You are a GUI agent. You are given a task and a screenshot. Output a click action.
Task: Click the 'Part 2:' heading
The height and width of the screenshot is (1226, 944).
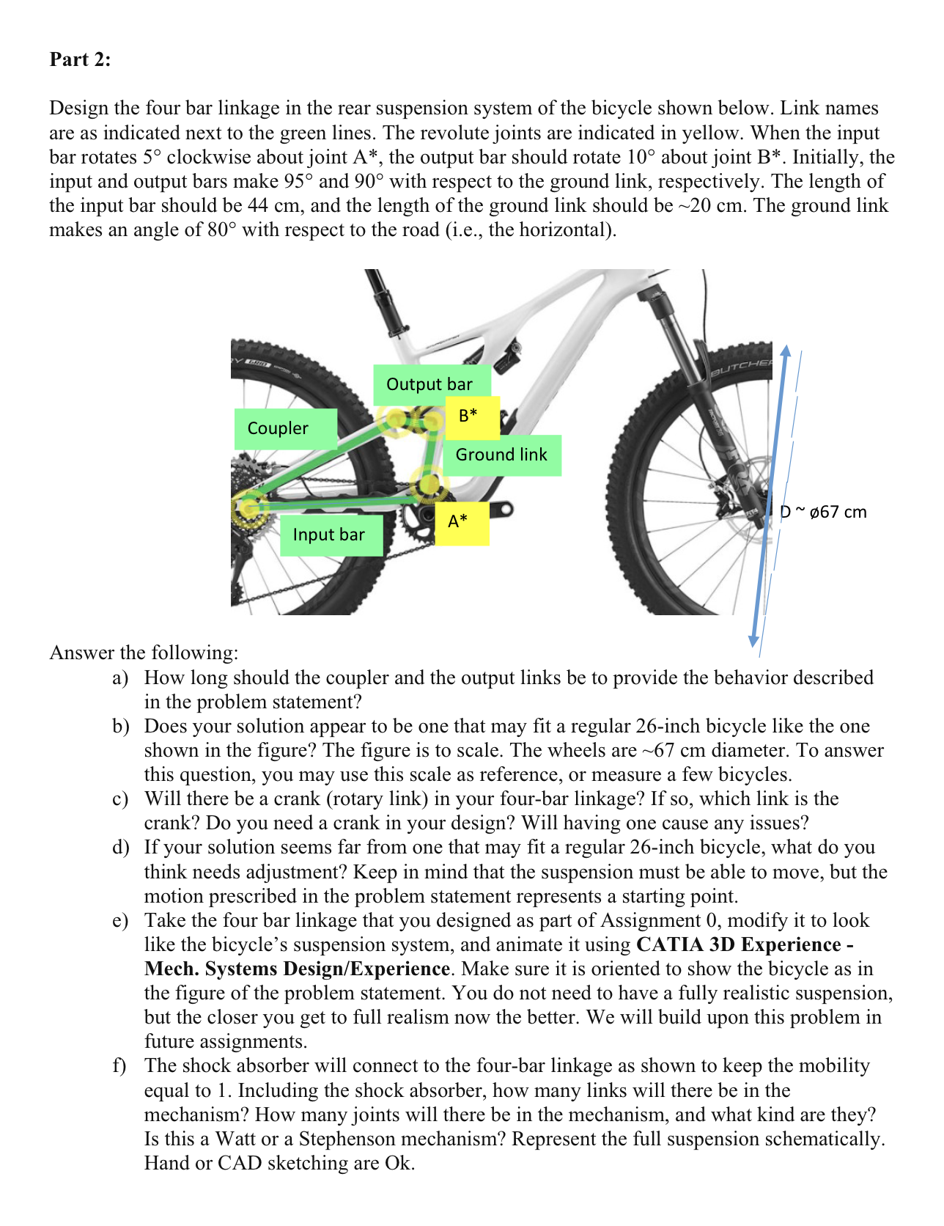click(x=80, y=59)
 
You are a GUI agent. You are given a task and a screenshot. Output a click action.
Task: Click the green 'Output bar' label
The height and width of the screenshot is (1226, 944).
click(x=429, y=384)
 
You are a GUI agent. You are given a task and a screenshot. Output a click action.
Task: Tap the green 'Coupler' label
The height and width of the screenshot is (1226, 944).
click(x=279, y=428)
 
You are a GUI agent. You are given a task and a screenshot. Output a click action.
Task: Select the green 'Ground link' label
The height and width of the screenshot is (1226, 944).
click(x=501, y=455)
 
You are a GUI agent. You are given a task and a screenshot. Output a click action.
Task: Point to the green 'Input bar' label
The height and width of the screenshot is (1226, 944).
click(x=329, y=535)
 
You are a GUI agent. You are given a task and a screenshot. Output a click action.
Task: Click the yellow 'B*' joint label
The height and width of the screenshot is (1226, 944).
click(x=468, y=415)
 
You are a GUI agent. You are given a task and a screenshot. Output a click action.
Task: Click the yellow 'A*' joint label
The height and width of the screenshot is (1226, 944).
click(x=458, y=521)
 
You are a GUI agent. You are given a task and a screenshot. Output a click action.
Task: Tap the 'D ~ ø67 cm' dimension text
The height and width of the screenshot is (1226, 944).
click(x=823, y=512)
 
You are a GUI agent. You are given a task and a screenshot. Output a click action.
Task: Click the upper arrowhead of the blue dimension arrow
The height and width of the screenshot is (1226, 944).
click(x=785, y=350)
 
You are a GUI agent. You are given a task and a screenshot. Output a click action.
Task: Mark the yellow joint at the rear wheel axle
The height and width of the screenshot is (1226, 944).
click(x=250, y=506)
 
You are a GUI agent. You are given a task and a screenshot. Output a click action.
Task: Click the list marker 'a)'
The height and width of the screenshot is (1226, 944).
click(x=120, y=678)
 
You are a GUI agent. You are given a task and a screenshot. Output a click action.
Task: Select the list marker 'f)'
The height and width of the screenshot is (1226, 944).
click(x=119, y=1065)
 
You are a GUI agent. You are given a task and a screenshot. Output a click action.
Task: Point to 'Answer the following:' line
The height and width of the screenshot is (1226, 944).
click(x=144, y=653)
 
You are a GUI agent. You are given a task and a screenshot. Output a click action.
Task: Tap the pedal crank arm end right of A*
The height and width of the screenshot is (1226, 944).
click(x=504, y=509)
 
